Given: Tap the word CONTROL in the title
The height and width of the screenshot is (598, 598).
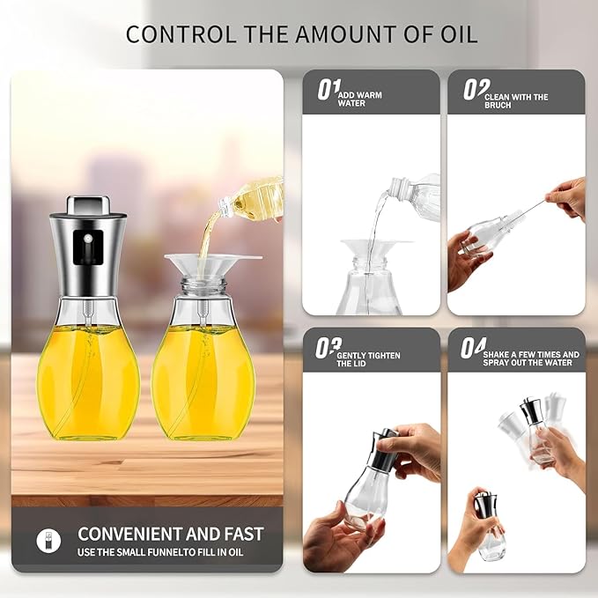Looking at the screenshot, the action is [181, 34].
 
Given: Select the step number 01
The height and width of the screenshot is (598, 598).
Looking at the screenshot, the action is [329, 90].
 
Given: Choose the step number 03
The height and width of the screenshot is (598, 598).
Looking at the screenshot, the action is [328, 348].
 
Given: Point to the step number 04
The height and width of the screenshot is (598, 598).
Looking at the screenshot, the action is [473, 348].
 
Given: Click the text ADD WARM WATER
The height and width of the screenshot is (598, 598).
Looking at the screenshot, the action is [359, 100].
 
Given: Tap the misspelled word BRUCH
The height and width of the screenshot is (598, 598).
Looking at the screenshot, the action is [498, 106].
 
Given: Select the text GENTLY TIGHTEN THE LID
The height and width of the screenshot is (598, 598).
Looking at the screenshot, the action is [368, 359].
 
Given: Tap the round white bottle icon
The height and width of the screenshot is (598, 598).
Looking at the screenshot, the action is [48, 541].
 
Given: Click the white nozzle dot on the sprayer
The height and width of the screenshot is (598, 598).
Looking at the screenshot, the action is [88, 239].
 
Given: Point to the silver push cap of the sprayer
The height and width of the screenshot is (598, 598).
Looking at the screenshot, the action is [86, 205].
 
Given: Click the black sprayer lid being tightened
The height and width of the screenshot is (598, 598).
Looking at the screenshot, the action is [383, 450].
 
